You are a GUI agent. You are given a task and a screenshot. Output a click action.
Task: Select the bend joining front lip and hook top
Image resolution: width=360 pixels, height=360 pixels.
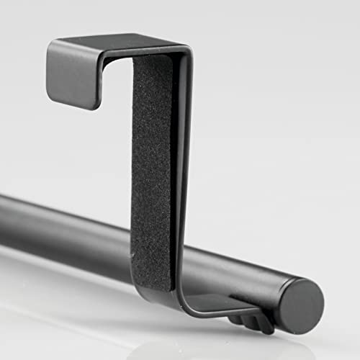point(54,45)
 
